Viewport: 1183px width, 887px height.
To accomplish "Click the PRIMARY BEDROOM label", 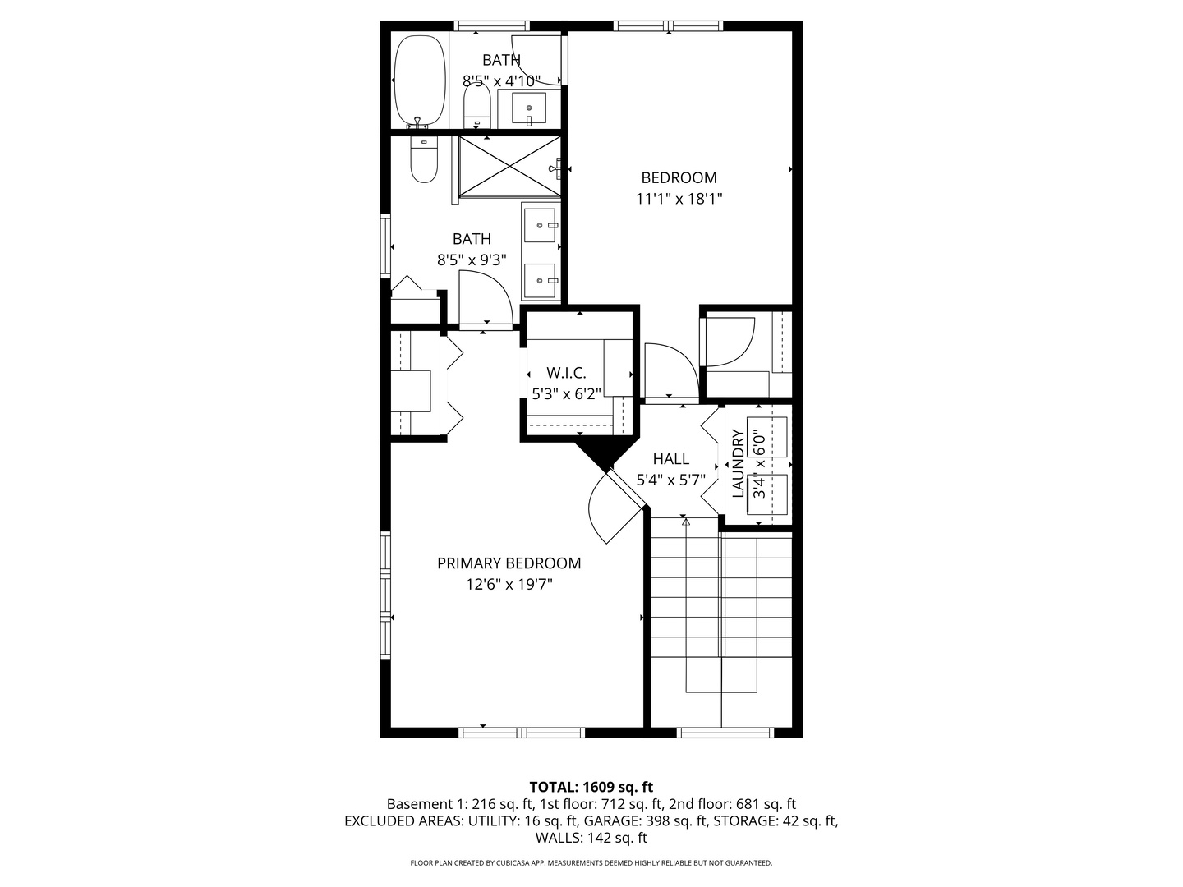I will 509,563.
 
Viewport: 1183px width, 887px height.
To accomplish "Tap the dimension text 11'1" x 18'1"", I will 679,199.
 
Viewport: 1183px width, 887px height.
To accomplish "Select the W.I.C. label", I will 566,373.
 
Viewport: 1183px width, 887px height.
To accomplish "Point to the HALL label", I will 670,459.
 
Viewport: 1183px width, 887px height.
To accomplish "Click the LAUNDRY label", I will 738,463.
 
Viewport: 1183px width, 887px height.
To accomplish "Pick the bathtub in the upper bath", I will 420,80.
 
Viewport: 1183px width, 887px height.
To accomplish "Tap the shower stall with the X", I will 509,167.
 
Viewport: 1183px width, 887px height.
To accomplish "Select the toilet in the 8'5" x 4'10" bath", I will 476,106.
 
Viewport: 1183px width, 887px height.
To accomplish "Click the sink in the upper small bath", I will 529,108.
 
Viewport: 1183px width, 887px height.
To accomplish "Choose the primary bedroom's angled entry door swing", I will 612,511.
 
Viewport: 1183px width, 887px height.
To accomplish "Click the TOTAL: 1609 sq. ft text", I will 591,787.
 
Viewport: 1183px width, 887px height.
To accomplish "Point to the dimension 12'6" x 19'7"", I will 509,585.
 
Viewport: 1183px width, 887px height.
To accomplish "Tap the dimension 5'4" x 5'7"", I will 670,480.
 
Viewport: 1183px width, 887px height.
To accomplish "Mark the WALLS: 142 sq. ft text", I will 591,839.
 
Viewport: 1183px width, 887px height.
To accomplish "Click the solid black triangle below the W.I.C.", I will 606,454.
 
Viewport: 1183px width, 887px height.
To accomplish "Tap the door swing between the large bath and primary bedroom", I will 486,297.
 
